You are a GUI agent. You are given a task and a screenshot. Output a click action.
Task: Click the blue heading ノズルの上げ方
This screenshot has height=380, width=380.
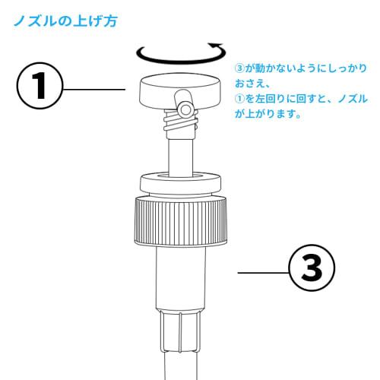[65, 21]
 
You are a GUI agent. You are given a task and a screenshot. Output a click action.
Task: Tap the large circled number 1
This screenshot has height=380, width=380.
[38, 88]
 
